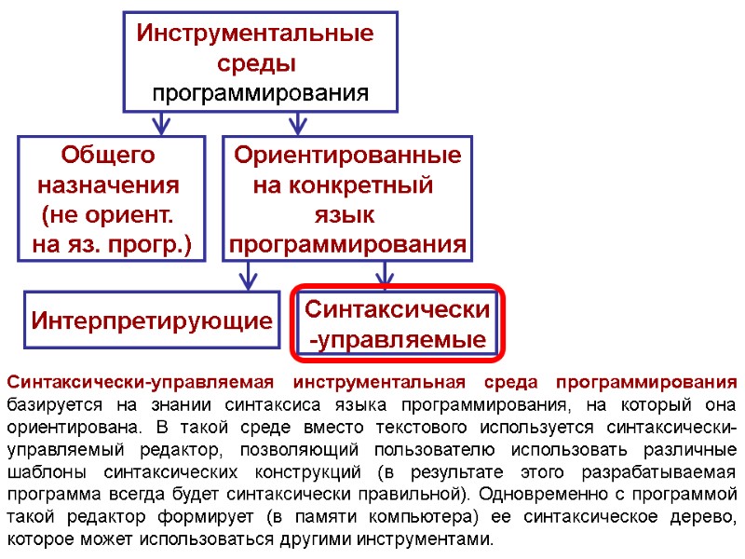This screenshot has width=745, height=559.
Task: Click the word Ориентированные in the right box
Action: [347, 155]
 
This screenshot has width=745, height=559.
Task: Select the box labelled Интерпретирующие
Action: [151, 321]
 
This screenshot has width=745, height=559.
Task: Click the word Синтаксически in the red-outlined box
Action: [398, 308]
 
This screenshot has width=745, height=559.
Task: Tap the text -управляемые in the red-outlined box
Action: [398, 340]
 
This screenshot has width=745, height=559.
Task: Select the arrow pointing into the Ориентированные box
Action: [297, 123]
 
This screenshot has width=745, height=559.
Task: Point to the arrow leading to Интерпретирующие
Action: [248, 275]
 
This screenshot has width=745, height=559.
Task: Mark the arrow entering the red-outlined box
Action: [385, 275]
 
